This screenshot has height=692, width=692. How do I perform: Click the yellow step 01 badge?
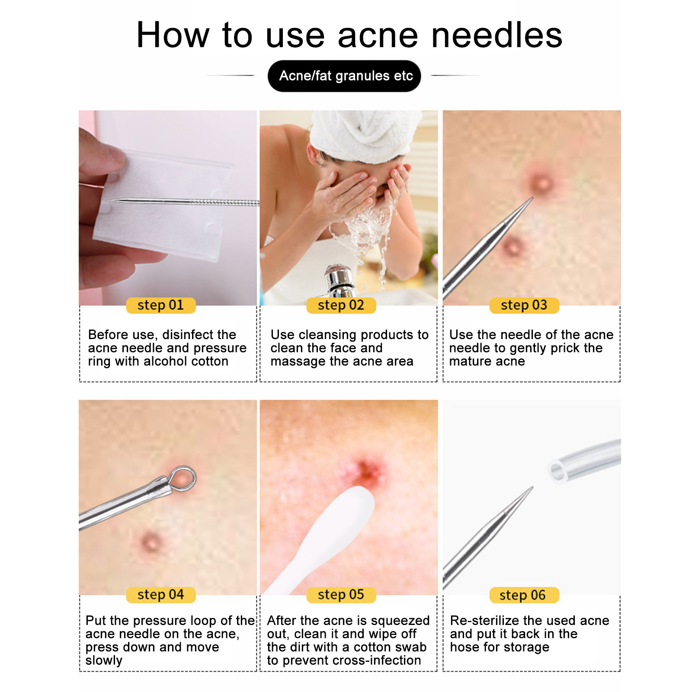(x=161, y=305)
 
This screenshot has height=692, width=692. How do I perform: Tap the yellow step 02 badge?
(x=341, y=305)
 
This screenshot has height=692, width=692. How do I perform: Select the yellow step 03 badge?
(x=524, y=305)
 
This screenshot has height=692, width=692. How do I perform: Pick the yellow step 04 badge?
(x=161, y=595)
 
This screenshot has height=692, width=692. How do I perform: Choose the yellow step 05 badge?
(x=341, y=595)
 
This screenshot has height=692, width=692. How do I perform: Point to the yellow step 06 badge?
(x=524, y=595)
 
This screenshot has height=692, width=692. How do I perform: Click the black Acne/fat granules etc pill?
(x=344, y=76)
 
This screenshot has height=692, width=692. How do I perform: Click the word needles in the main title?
(x=497, y=35)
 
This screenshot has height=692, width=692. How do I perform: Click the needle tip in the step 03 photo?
(x=532, y=198)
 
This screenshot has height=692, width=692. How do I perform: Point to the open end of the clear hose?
(x=558, y=471)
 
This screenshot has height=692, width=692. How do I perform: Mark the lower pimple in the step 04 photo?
(x=151, y=541)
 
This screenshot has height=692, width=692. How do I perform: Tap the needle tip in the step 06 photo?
(x=532, y=488)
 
